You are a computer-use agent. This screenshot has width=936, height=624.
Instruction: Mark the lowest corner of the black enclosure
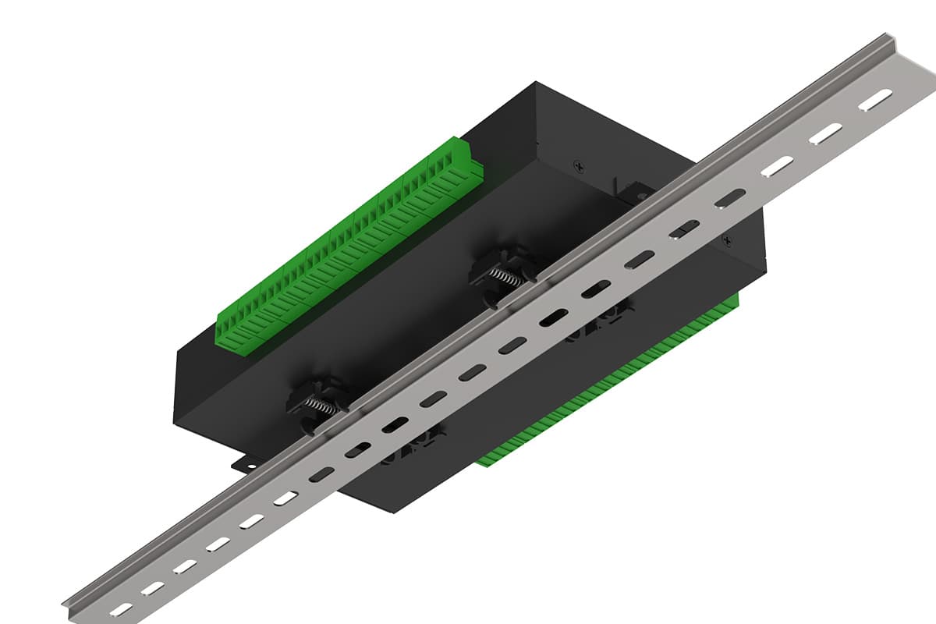[388, 512]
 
